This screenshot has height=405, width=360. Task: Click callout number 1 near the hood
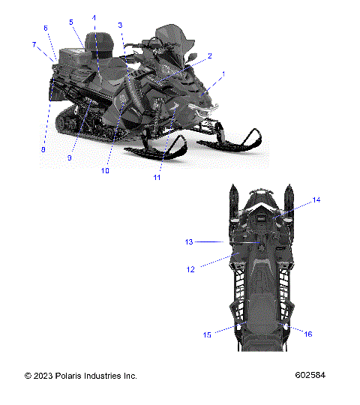223,74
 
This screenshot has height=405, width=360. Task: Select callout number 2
210,55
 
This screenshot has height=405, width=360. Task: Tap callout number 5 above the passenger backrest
71,22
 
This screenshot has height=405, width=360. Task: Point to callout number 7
34,45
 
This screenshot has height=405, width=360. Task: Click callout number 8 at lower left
43,149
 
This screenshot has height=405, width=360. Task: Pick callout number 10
105,171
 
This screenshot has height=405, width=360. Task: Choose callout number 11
157,178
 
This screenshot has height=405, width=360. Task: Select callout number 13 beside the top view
189,242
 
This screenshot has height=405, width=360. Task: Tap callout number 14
316,200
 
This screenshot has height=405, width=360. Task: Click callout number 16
308,334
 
